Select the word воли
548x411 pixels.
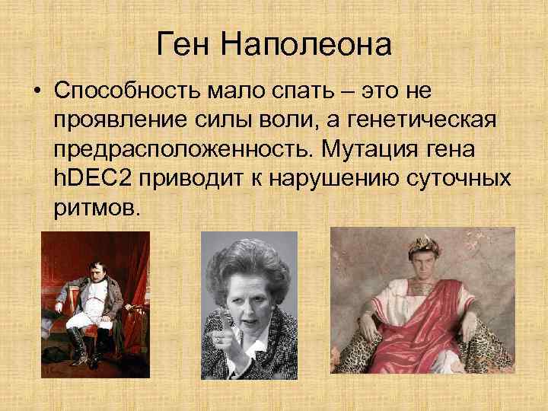(272, 121)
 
